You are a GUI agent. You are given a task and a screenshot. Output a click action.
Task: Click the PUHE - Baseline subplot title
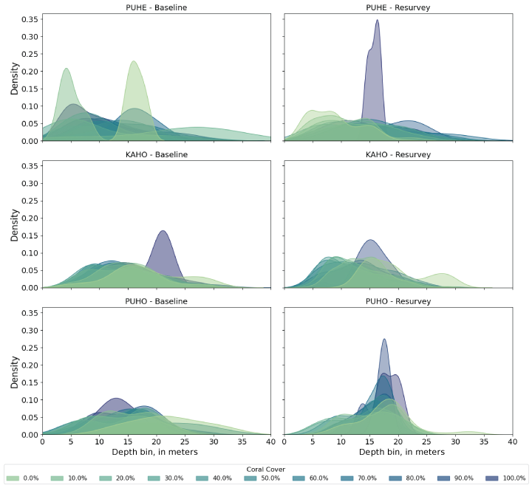pyautogui.click(x=156, y=7)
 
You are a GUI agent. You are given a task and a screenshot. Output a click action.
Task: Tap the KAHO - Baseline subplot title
pyautogui.click(x=156, y=154)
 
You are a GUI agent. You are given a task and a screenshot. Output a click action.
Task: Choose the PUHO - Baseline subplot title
pyautogui.click(x=156, y=301)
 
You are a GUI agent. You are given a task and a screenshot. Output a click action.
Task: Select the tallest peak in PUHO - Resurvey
pyautogui.click(x=384, y=340)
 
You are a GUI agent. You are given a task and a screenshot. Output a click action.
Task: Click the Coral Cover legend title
pyautogui.click(x=266, y=468)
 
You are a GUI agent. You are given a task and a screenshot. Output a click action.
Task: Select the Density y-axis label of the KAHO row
pyautogui.click(x=14, y=225)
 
